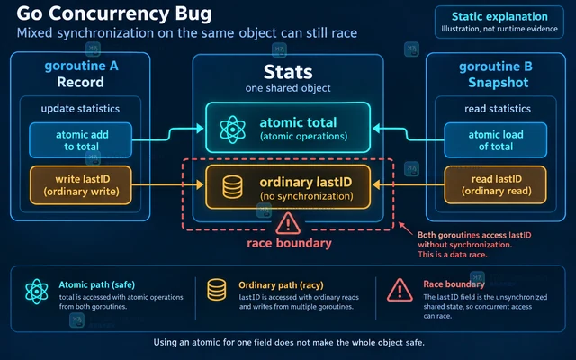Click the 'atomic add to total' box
(80, 140)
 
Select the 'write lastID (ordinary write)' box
(80, 185)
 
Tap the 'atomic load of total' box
(496, 140)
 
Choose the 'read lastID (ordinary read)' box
(496, 184)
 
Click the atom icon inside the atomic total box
(232, 130)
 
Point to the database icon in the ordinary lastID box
(232, 187)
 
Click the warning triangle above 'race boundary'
(288, 223)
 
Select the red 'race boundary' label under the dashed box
(289, 243)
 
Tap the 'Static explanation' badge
(499, 22)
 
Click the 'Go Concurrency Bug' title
(114, 14)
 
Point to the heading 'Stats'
(288, 72)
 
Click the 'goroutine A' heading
(81, 66)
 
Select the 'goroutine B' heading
(496, 67)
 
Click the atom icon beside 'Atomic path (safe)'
(37, 292)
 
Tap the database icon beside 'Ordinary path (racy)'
(217, 290)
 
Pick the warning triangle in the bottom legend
(400, 290)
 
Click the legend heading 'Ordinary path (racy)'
(281, 285)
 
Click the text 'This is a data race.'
(453, 254)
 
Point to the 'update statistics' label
(80, 109)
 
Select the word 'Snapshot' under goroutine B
(498, 83)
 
